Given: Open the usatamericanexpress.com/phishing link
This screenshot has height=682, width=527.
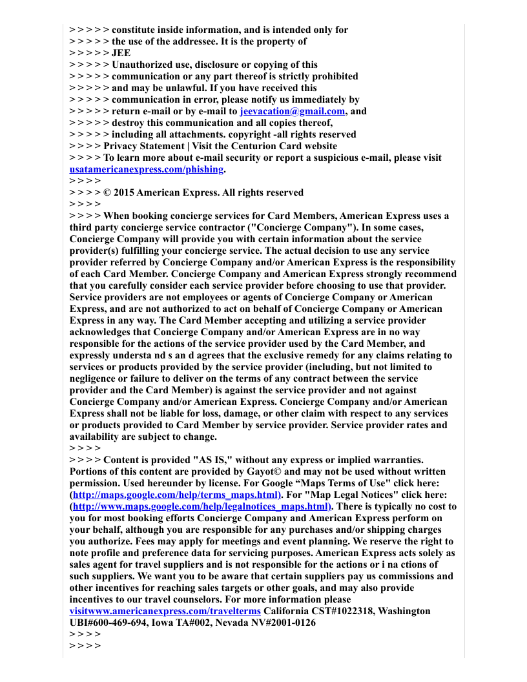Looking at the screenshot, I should click(x=147, y=169).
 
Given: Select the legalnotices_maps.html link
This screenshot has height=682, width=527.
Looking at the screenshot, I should click(x=200, y=506).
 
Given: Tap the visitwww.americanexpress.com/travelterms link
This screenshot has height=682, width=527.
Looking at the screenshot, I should click(x=165, y=611).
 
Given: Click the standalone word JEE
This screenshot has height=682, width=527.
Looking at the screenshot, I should click(x=121, y=53).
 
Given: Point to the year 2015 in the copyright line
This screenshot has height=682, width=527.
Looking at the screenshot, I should click(x=124, y=192).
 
